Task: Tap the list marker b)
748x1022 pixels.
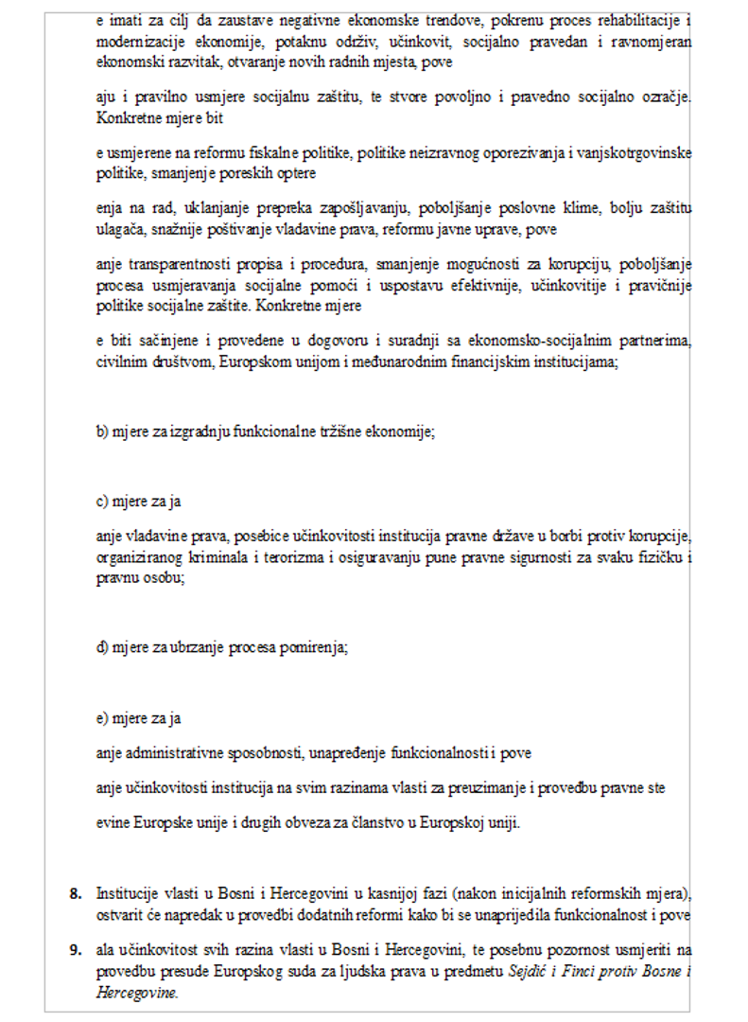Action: pos(103,432)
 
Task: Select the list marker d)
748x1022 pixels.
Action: pos(103,648)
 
